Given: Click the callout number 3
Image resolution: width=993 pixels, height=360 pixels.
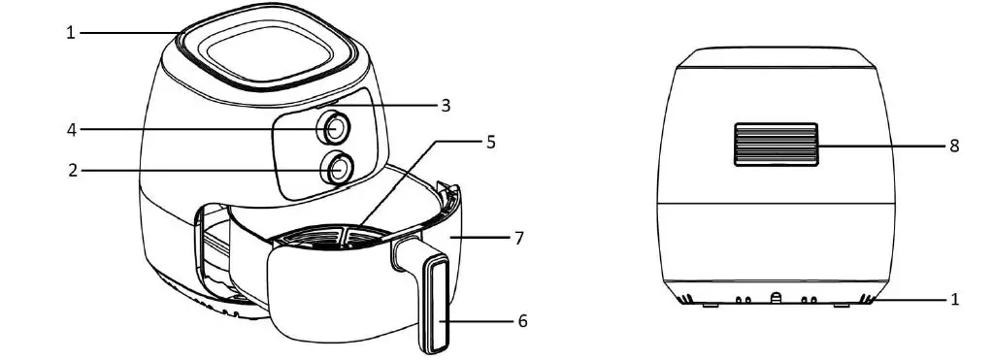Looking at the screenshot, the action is [x=446, y=106].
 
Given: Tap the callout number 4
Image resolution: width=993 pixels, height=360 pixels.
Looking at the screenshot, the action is [x=71, y=128].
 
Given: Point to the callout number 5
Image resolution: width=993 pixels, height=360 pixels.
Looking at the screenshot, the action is [x=490, y=142].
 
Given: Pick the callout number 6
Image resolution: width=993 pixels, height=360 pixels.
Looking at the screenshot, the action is [x=522, y=321].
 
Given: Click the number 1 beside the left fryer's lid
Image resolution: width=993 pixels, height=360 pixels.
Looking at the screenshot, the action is [x=71, y=33].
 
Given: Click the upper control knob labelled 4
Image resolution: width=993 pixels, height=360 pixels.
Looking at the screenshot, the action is [x=336, y=127].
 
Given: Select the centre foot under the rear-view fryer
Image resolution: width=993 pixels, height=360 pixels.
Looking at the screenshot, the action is [x=776, y=298].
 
